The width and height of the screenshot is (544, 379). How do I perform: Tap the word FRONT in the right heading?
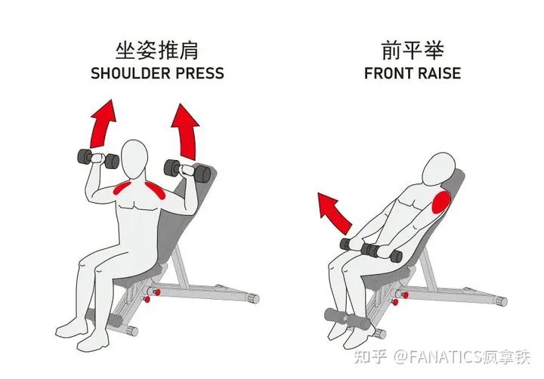tap(388, 74)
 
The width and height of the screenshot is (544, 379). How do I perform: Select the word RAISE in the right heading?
tap(439, 74)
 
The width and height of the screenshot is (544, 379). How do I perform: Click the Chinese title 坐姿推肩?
tap(157, 51)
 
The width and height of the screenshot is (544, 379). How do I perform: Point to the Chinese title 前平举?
tap(412, 51)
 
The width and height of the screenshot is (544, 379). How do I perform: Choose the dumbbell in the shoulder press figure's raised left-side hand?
tap(96, 159)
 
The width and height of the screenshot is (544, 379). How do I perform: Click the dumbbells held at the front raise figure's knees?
tap(370, 247)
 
